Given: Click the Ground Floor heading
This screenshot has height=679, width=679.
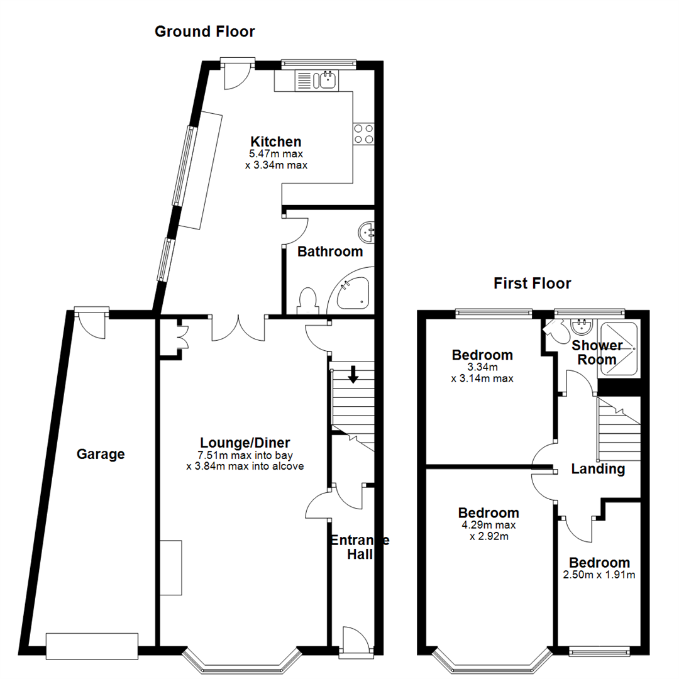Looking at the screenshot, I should [205, 31].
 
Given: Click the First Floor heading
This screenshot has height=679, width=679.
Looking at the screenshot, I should [532, 284].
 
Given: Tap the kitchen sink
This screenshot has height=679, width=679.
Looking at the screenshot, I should [327, 80].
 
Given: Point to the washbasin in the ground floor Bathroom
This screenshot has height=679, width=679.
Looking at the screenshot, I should [367, 233].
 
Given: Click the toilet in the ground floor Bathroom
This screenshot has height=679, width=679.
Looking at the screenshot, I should [307, 301].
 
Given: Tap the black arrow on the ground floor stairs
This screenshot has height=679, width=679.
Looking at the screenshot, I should [353, 375].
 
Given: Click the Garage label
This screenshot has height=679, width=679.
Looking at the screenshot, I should [101, 454].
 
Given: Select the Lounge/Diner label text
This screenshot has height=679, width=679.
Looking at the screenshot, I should [245, 442].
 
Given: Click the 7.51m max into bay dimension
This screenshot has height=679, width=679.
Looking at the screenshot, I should [245, 455].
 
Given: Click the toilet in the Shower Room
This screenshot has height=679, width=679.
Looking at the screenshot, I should [554, 329].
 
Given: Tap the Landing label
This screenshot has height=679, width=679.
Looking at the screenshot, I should [598, 469].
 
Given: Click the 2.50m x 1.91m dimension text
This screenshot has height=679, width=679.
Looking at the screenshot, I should [599, 575].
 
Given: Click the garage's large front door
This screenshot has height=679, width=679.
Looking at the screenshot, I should [92, 646].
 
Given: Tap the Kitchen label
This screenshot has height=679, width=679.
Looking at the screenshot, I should [276, 141].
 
